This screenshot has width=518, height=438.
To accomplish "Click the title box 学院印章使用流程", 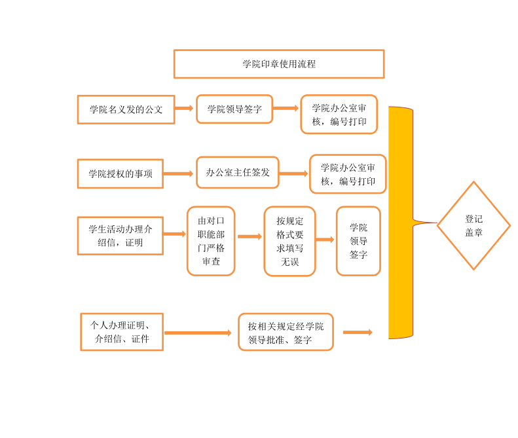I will pos(278,64).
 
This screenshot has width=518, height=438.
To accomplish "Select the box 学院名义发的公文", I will pos(126,109).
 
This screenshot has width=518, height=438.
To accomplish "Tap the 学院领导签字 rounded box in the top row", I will pos(234,109).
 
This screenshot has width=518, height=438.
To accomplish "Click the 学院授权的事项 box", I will pos(120,173).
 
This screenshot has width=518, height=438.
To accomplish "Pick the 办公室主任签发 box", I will pos(238,173).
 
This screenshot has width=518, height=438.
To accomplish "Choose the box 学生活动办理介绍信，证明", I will pos(120,236).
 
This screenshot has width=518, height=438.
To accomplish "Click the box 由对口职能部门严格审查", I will pos(211,242).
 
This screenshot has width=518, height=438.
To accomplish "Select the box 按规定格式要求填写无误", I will pos(289,242).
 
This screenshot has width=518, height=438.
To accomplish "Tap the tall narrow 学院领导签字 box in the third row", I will pos(358,241).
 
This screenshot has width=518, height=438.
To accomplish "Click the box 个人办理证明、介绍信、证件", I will pos(122,332).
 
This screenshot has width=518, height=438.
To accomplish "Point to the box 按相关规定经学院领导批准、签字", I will pos(286,332).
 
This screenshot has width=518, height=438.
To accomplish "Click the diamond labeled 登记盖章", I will pos(473,226).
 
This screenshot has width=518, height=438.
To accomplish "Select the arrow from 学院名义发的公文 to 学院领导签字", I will pos(185,108).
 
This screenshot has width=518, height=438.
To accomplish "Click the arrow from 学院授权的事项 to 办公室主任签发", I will pos(178,173).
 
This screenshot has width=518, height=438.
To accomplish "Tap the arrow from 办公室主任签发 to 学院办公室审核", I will pos(293,173).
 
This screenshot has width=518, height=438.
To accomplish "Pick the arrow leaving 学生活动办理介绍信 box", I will pos(174,234).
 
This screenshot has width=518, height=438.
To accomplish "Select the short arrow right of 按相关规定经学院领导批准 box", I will pos(358,332).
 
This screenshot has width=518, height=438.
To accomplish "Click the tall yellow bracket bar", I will pos(400,223).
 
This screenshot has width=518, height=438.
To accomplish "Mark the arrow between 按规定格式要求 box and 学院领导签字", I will pos(325,240).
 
